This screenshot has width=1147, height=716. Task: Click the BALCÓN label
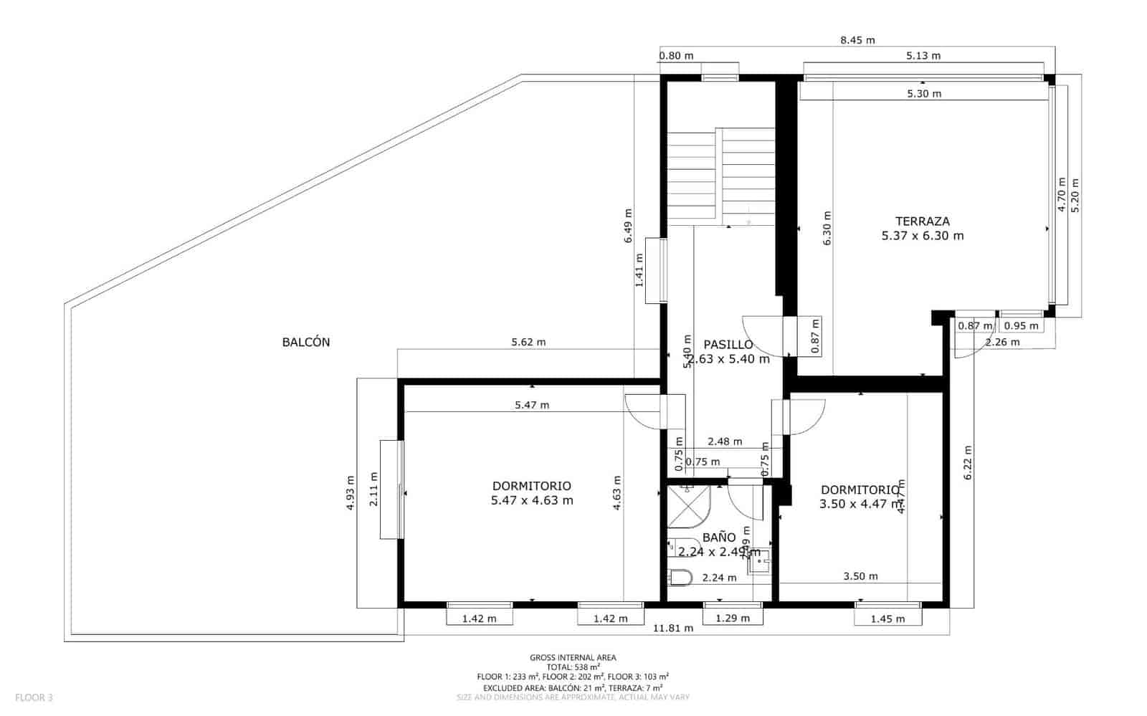306,343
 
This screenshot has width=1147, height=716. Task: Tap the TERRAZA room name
922,221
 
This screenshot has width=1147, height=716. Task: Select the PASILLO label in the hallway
728,345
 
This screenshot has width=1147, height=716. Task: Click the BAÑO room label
719,537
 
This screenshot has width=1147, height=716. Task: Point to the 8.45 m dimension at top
857,40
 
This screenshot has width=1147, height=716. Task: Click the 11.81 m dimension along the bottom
673,629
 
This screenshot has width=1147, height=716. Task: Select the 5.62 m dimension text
528,342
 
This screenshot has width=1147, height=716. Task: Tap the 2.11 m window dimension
373,489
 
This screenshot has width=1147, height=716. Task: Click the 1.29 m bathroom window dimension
733,618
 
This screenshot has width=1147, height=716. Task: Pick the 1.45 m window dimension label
887,619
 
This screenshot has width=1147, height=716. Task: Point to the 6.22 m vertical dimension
967,463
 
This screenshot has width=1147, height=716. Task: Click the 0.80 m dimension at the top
676,56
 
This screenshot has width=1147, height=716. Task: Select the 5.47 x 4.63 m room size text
532,501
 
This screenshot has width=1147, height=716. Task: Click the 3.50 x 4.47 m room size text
859,504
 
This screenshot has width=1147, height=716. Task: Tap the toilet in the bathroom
680,577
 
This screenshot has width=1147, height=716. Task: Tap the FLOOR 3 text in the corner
34,697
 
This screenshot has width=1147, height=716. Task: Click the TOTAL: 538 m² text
573,667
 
